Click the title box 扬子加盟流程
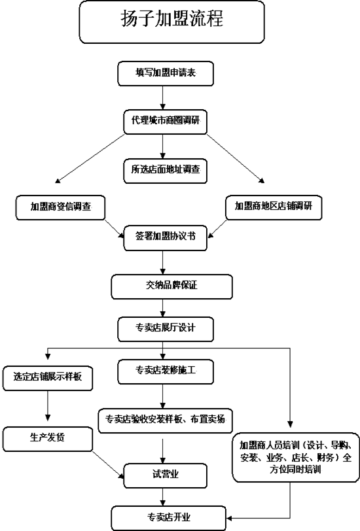pos(171,22)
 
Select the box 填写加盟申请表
pos(166,73)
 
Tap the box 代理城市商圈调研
pos(165,122)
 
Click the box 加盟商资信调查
pos(60,207)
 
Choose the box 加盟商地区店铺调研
pos(274,207)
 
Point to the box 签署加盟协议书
pos(165,239)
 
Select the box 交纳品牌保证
pos(172,287)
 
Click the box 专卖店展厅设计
pos(166,329)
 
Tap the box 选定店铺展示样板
pos(48,378)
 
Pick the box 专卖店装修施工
pos(166,372)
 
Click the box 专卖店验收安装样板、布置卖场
pos(165,420)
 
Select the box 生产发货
pos(48,439)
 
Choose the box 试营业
pos(165,476)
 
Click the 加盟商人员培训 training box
pos(296,457)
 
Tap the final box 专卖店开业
pos(169,518)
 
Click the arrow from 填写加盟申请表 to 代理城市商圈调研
pos(163,97)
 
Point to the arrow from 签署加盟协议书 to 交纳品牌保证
pos(163,262)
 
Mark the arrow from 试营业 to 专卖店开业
pos(163,497)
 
